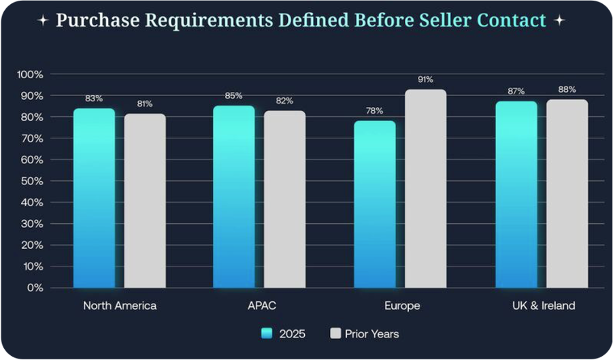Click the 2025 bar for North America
[x=94, y=198]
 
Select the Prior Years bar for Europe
[x=426, y=189]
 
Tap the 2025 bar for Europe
[x=375, y=204]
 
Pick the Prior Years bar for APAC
[x=284, y=199]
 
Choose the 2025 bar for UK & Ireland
[x=516, y=195]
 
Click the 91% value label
[x=426, y=80]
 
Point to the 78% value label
[x=375, y=110]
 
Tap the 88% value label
[x=567, y=89]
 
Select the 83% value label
[x=94, y=98]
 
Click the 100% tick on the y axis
[x=31, y=74]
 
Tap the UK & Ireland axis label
[x=544, y=306]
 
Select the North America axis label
[x=120, y=306]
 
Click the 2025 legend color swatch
[x=267, y=333]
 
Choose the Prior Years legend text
[x=371, y=334]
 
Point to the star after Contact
[x=559, y=20]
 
